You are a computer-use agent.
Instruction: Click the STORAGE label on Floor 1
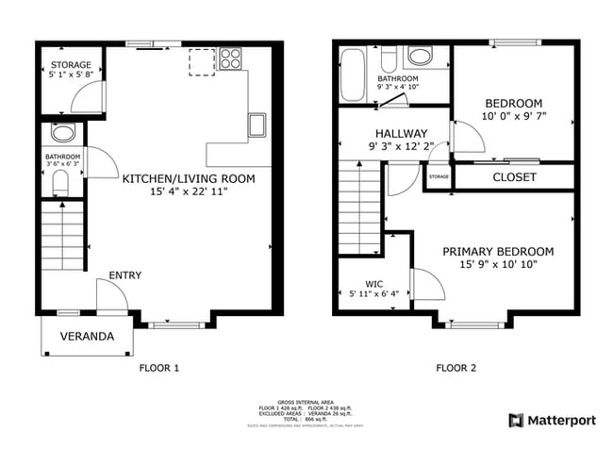71,66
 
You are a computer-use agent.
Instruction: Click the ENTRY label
124,275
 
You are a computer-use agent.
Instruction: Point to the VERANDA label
87,336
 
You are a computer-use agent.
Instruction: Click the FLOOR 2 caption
456,368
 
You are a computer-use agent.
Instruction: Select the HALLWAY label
401,133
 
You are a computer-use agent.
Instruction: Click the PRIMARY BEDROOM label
498,251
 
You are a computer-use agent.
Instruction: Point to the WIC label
374,282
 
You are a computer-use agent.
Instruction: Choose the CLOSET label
514,177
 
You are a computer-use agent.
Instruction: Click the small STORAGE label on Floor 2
439,176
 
